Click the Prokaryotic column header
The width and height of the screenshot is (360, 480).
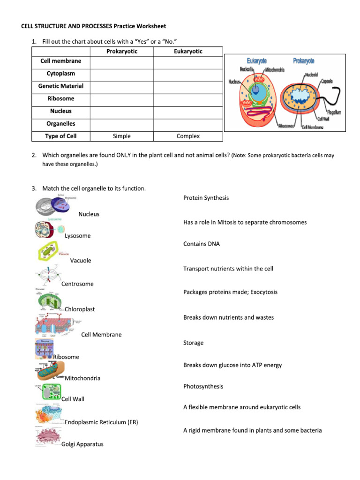tap(121, 52)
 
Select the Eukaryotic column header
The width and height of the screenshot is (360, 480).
tap(188, 52)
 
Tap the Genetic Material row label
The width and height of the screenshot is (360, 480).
tap(61, 86)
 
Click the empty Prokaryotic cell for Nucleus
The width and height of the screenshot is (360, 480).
tap(121, 112)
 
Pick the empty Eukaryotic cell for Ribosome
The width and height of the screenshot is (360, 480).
tap(188, 99)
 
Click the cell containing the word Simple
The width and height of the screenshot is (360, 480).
tap(121, 136)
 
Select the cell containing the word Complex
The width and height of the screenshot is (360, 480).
tap(188, 136)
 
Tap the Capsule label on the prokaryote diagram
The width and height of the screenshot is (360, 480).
tap(327, 81)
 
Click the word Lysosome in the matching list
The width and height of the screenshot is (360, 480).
tap(77, 236)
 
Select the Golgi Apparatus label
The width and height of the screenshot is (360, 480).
tap(82, 444)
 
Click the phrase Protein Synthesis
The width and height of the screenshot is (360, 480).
tap(206, 198)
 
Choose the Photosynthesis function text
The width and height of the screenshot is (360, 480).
tap(203, 387)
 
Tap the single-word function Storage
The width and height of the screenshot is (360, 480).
tap(193, 343)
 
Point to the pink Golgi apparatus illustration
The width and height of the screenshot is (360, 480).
tap(47, 437)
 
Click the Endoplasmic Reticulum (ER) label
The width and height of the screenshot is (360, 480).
tap(101, 422)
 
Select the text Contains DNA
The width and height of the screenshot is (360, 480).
tap(201, 244)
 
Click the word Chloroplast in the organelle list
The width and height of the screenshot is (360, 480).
tap(80, 309)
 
